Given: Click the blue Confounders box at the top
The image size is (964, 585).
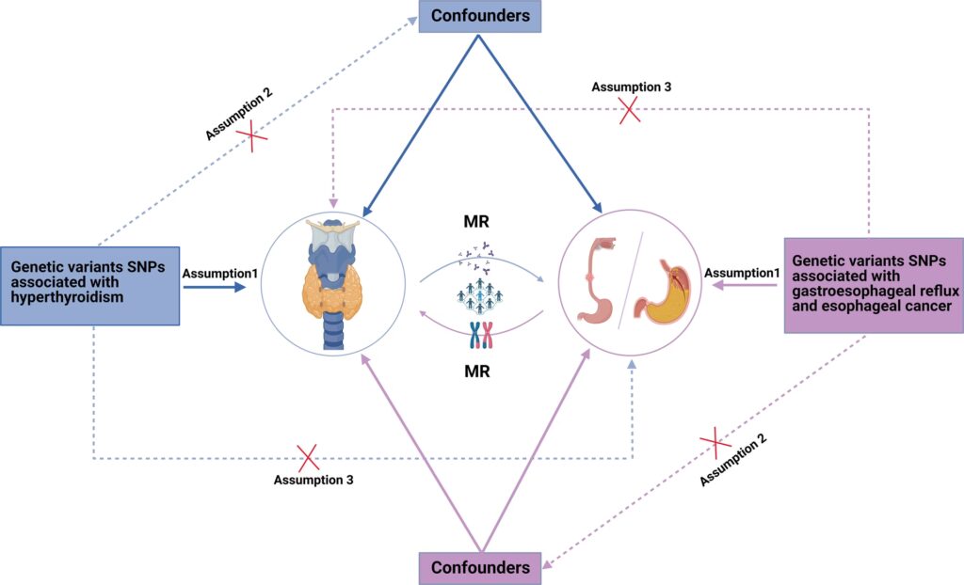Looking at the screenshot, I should pos(480,16).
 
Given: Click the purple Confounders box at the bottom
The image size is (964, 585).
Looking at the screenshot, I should pos(480,568).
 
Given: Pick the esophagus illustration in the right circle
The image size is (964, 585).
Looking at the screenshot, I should pos(597,282).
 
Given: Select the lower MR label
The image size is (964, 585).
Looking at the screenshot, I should pos(481,370).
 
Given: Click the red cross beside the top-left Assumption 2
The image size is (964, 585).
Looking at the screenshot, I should pos(250,137).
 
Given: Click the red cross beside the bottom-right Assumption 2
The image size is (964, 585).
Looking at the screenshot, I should pos(715,438).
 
